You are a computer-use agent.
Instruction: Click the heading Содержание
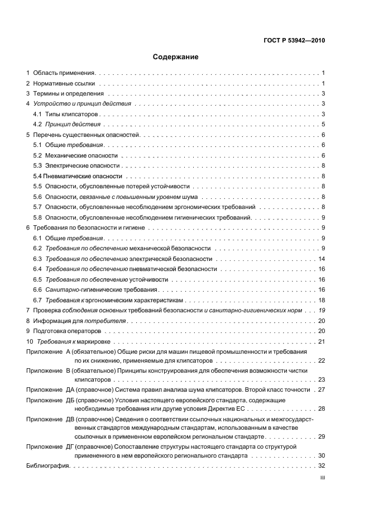[176, 57]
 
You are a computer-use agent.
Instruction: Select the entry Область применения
[64, 73]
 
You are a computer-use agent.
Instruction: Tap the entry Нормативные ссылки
[61, 83]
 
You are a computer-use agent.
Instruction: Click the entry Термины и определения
[68, 93]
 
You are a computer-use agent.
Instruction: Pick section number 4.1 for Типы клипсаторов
[37, 114]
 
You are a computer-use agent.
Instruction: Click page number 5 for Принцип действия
[323, 124]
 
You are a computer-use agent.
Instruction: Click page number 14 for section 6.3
[322, 259]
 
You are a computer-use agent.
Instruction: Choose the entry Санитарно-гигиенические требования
[101, 289]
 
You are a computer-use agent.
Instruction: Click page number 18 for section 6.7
[322, 300]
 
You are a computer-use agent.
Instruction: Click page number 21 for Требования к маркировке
[322, 341]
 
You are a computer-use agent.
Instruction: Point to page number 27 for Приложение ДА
[322, 389]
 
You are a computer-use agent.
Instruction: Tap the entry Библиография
[47, 465]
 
